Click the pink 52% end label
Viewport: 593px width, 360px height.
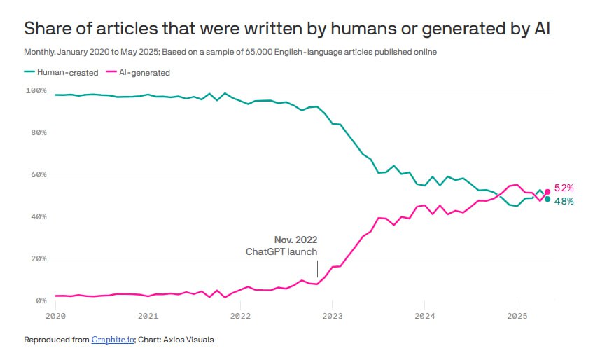564,188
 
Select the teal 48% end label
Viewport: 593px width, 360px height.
564,202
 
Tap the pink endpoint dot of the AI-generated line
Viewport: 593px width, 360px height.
547,191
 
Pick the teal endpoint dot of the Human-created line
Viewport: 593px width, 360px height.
547,199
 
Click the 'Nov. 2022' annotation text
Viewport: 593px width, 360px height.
295,240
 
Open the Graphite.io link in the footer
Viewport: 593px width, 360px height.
113,340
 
